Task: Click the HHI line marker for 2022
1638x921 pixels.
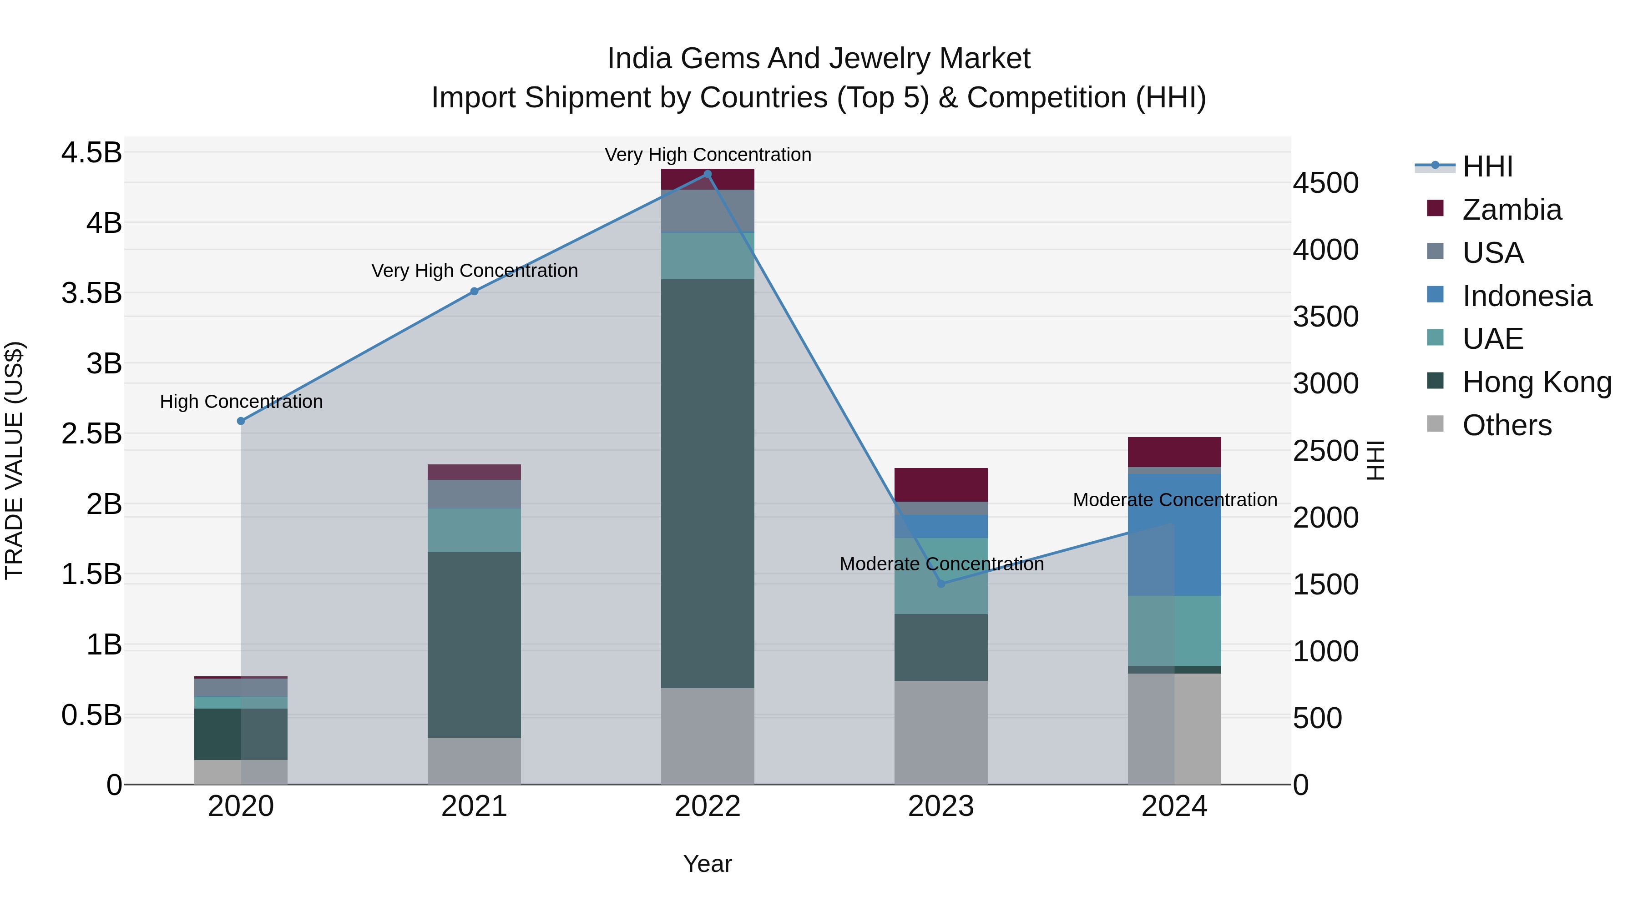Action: (707, 174)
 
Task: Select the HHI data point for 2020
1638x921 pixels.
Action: (241, 421)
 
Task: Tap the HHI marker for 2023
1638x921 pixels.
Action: (941, 584)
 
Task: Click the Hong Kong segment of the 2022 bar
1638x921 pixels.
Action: (707, 483)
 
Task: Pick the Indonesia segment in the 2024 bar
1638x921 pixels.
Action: (1174, 534)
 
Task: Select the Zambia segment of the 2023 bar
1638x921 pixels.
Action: (940, 484)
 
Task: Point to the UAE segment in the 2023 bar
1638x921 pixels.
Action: (940, 576)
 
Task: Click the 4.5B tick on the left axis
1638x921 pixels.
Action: (91, 153)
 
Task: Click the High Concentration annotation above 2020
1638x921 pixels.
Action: (241, 402)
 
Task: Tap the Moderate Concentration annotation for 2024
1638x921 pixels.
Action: (1174, 500)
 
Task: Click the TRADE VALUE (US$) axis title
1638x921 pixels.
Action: (14, 460)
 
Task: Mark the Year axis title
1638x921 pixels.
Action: (707, 864)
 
